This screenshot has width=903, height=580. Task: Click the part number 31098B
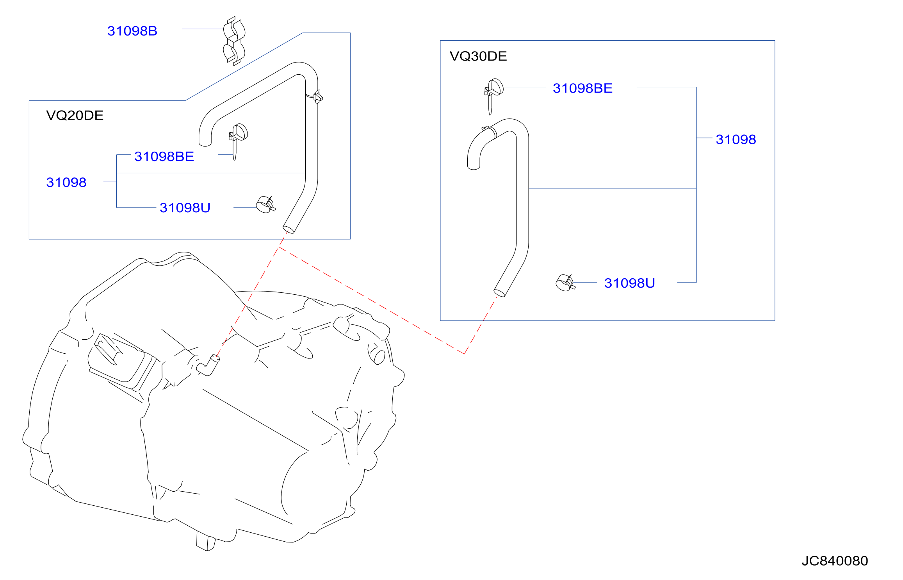[132, 31]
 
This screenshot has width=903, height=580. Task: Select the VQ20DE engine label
[75, 115]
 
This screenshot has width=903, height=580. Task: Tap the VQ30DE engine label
[478, 56]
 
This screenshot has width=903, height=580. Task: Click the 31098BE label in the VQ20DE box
[164, 156]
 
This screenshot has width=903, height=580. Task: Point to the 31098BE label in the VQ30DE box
[582, 88]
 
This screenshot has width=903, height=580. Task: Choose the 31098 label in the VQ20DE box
[66, 182]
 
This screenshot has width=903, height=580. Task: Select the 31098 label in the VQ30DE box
[736, 140]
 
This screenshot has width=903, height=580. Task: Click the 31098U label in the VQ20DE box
[185, 208]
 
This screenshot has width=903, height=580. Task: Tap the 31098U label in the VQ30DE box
[630, 283]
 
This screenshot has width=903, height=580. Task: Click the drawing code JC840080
[835, 561]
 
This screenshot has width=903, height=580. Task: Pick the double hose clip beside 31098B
[234, 41]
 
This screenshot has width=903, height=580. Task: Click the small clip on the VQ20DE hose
[318, 97]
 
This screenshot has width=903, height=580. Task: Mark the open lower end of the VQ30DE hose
[499, 293]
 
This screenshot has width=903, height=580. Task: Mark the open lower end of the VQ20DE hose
[289, 229]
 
